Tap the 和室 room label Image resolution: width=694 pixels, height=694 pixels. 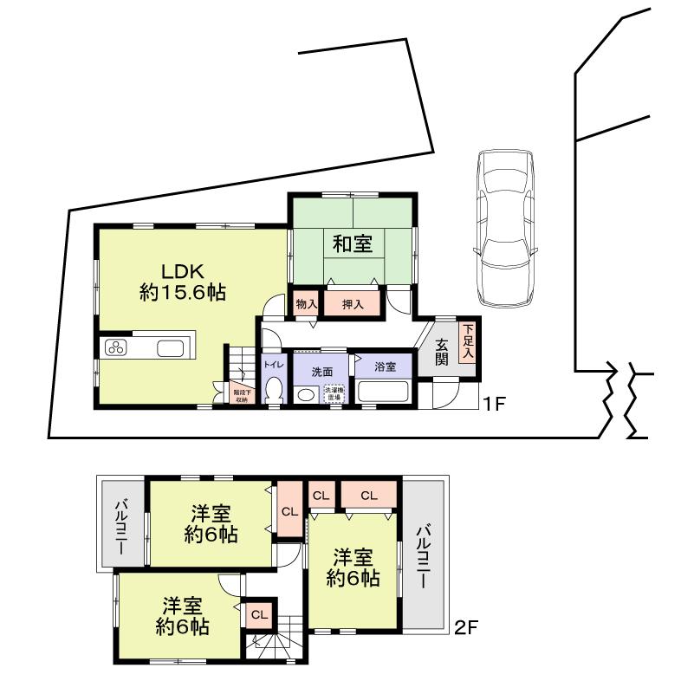tap(353, 244)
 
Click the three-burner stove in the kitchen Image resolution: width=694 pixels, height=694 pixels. tap(116, 348)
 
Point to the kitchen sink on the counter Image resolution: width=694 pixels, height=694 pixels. tap(170, 348)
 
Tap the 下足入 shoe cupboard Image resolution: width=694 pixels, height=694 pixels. tap(467, 341)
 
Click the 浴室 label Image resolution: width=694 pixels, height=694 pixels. tap(385, 366)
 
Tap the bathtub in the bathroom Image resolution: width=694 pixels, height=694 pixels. tap(384, 393)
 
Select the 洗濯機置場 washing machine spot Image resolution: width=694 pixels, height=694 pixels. tap(334, 393)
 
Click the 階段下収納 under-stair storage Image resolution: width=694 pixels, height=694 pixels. tap(240, 395)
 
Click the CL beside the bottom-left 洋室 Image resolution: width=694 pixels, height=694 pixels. tap(258, 614)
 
